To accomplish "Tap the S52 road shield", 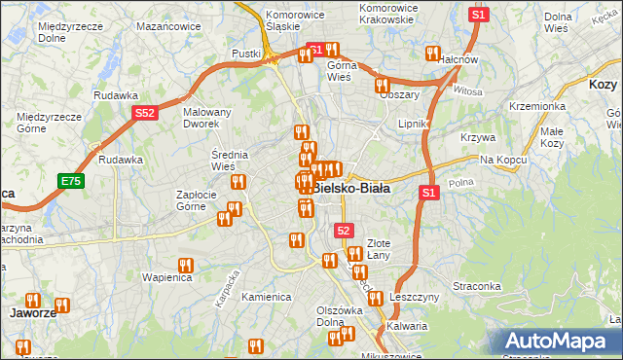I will (144, 114).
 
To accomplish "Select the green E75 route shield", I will (71, 181).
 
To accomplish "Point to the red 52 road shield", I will (344, 230).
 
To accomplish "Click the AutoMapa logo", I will (556, 341).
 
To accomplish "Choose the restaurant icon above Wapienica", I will (185, 265).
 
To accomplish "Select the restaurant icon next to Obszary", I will (383, 85).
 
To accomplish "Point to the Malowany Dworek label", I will (207, 118).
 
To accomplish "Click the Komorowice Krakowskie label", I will (388, 14).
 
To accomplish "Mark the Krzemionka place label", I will (536, 105).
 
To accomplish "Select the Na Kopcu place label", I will (503, 159).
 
